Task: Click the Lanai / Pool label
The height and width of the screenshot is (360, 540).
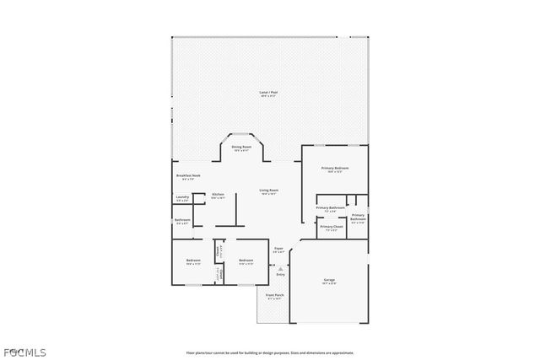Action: tap(267, 94)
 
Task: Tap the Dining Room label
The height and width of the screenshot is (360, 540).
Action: tap(241, 148)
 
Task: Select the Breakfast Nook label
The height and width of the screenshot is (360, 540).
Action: tap(186, 177)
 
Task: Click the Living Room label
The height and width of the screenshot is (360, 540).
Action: tap(268, 191)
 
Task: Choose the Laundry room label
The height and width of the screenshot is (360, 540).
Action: tap(181, 199)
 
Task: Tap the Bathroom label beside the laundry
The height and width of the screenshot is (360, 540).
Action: tap(182, 221)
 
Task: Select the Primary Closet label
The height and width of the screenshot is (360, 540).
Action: tap(331, 228)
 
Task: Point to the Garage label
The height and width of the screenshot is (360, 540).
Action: tap(329, 281)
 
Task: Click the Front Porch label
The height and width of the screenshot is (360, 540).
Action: tap(274, 296)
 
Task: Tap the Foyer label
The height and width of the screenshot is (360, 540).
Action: tap(278, 249)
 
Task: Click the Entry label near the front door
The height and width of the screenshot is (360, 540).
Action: tap(280, 275)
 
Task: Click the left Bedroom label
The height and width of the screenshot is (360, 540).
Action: tap(193, 261)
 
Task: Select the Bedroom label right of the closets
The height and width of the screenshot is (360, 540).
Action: tap(246, 261)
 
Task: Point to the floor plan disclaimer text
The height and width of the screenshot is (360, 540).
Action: tap(269, 352)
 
